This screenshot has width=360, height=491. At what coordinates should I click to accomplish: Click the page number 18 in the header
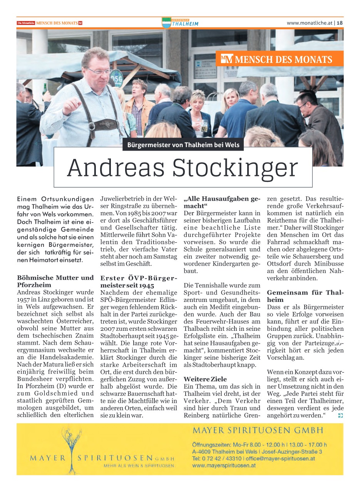pyautogui.click(x=340, y=23)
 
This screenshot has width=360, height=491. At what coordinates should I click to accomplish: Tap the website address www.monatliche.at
pyautogui.click(x=310, y=23)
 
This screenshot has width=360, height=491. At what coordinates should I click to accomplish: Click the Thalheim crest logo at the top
pyautogui.click(x=166, y=23)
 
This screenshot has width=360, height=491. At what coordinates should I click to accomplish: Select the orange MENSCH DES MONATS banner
pyautogui.click(x=280, y=59)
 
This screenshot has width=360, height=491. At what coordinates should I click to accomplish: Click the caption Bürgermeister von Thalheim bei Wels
pyautogui.click(x=183, y=145)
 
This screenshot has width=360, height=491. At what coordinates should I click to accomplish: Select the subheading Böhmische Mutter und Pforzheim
pyautogui.click(x=55, y=281)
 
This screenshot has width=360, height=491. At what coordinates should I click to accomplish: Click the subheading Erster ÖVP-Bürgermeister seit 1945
pyautogui.click(x=139, y=282)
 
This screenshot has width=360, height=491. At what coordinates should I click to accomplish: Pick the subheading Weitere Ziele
pyautogui.click(x=205, y=379)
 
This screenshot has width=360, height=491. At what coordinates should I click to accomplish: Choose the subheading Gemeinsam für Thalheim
pyautogui.click(x=305, y=296)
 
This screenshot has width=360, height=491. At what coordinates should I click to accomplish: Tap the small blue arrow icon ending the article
pyautogui.click(x=340, y=415)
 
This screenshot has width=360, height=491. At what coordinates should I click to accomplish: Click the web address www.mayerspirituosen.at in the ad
pyautogui.click(x=224, y=465)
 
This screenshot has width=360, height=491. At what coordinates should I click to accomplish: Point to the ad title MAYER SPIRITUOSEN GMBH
pyautogui.click(x=258, y=430)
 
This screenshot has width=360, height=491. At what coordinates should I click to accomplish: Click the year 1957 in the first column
pyautogui.click(x=25, y=300)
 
